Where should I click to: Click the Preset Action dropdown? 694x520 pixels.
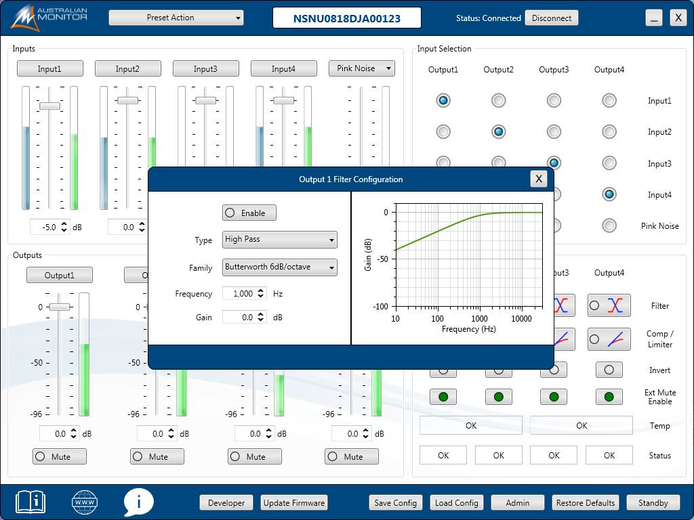(176, 18)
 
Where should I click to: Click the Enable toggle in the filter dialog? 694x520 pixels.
(249, 213)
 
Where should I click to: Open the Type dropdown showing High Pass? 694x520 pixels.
(279, 240)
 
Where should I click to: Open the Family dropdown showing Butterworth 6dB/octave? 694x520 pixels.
(279, 267)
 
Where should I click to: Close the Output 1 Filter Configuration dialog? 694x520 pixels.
(539, 179)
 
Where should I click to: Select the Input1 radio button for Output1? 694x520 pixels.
(443, 101)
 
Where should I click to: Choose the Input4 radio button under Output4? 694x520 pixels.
(609, 194)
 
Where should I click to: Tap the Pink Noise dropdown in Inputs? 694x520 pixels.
(362, 68)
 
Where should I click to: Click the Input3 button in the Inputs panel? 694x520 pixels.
(205, 68)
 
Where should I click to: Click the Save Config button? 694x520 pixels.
(396, 502)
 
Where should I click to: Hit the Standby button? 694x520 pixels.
(653, 502)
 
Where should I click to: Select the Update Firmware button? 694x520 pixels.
(294, 502)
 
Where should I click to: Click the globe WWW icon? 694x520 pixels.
(85, 502)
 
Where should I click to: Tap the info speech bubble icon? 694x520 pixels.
(139, 502)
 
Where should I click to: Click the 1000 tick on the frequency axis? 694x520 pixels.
(479, 318)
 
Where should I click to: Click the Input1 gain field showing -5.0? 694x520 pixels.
(46, 227)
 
